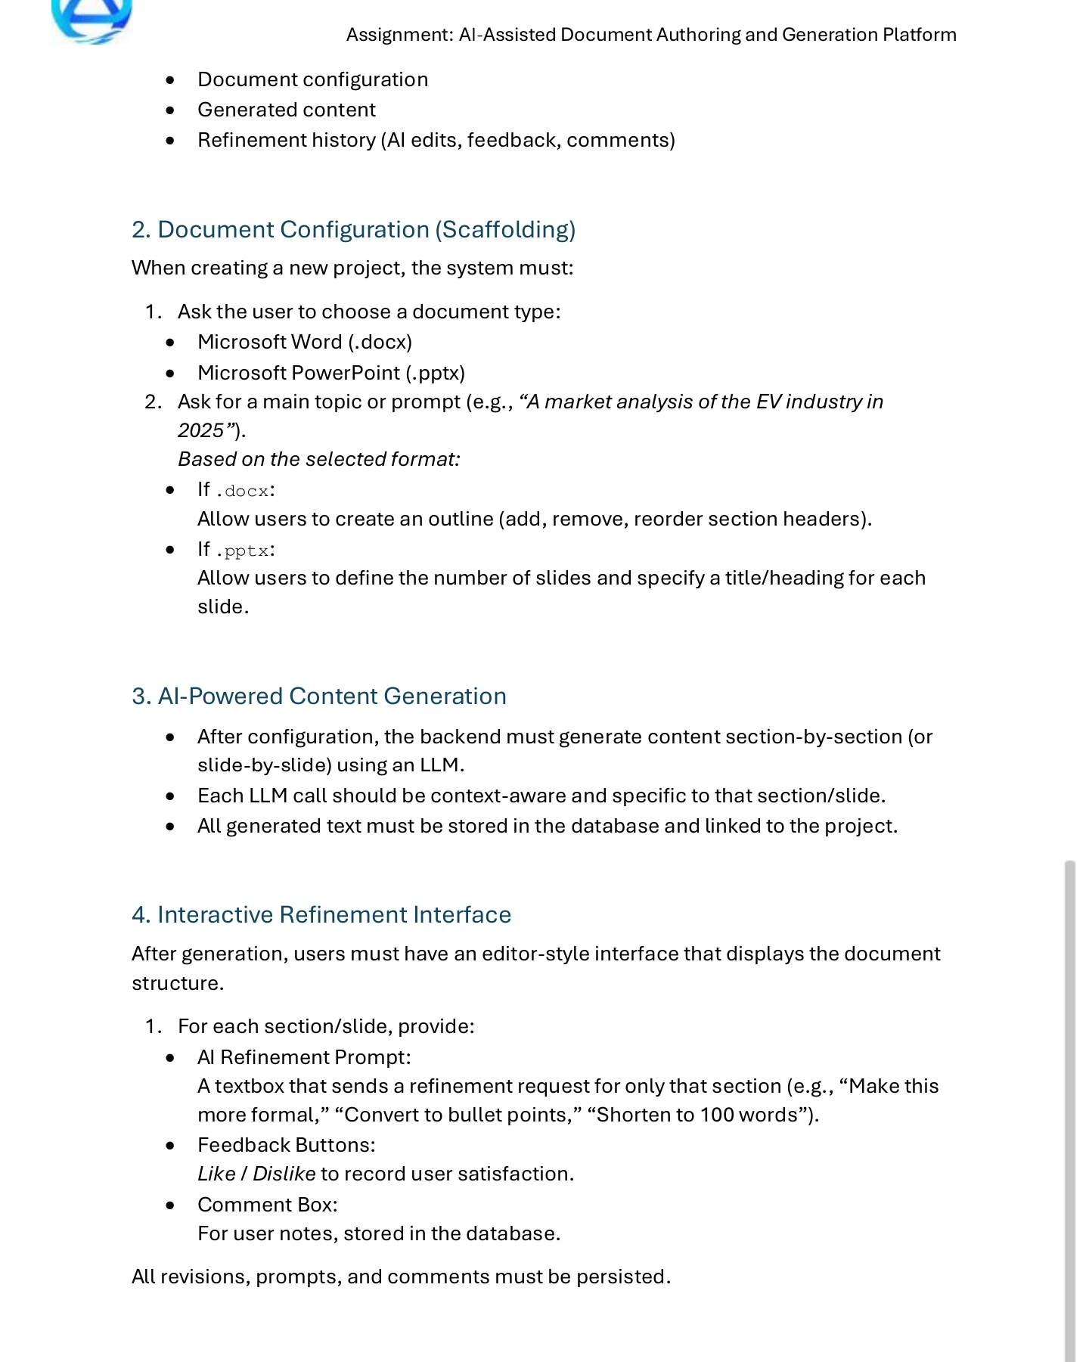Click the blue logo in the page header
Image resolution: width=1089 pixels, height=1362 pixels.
coord(92,19)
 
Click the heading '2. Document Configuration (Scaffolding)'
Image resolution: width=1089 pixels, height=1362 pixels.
coord(353,230)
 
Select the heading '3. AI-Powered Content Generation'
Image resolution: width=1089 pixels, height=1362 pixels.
coord(318,697)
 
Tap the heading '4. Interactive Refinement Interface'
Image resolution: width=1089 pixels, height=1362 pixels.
coord(321,915)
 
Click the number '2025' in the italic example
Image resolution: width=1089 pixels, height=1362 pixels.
coord(200,430)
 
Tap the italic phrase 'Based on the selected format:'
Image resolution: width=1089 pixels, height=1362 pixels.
coord(318,460)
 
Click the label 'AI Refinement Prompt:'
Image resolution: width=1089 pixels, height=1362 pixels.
coord(304,1057)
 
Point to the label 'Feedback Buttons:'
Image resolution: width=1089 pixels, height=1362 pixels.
coord(286,1145)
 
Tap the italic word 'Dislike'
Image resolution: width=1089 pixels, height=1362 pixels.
coord(284,1174)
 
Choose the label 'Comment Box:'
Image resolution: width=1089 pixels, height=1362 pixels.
coord(267,1205)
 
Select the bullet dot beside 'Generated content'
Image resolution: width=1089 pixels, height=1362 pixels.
coord(170,110)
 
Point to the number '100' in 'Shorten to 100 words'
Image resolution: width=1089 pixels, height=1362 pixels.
coord(715,1115)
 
